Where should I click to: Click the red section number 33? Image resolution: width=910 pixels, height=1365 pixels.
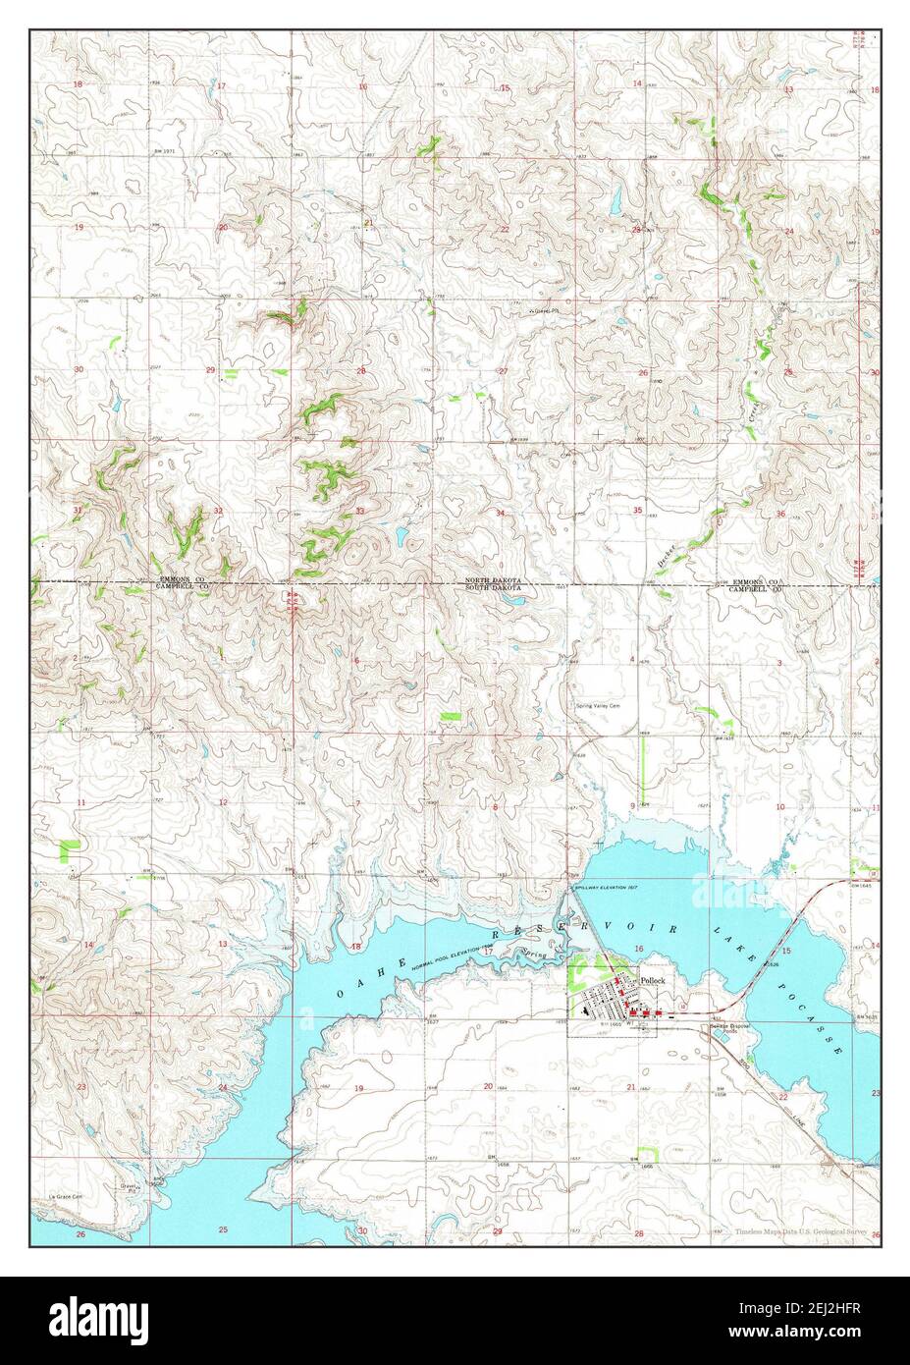[x=360, y=512]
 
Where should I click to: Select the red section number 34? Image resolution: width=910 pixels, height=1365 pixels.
[x=500, y=514]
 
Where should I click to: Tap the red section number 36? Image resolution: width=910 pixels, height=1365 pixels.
[x=780, y=514]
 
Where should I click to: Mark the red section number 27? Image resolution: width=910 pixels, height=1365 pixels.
[x=503, y=371]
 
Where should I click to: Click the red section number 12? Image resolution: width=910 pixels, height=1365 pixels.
[x=223, y=802]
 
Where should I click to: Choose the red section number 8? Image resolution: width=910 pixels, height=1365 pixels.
[x=496, y=807]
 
